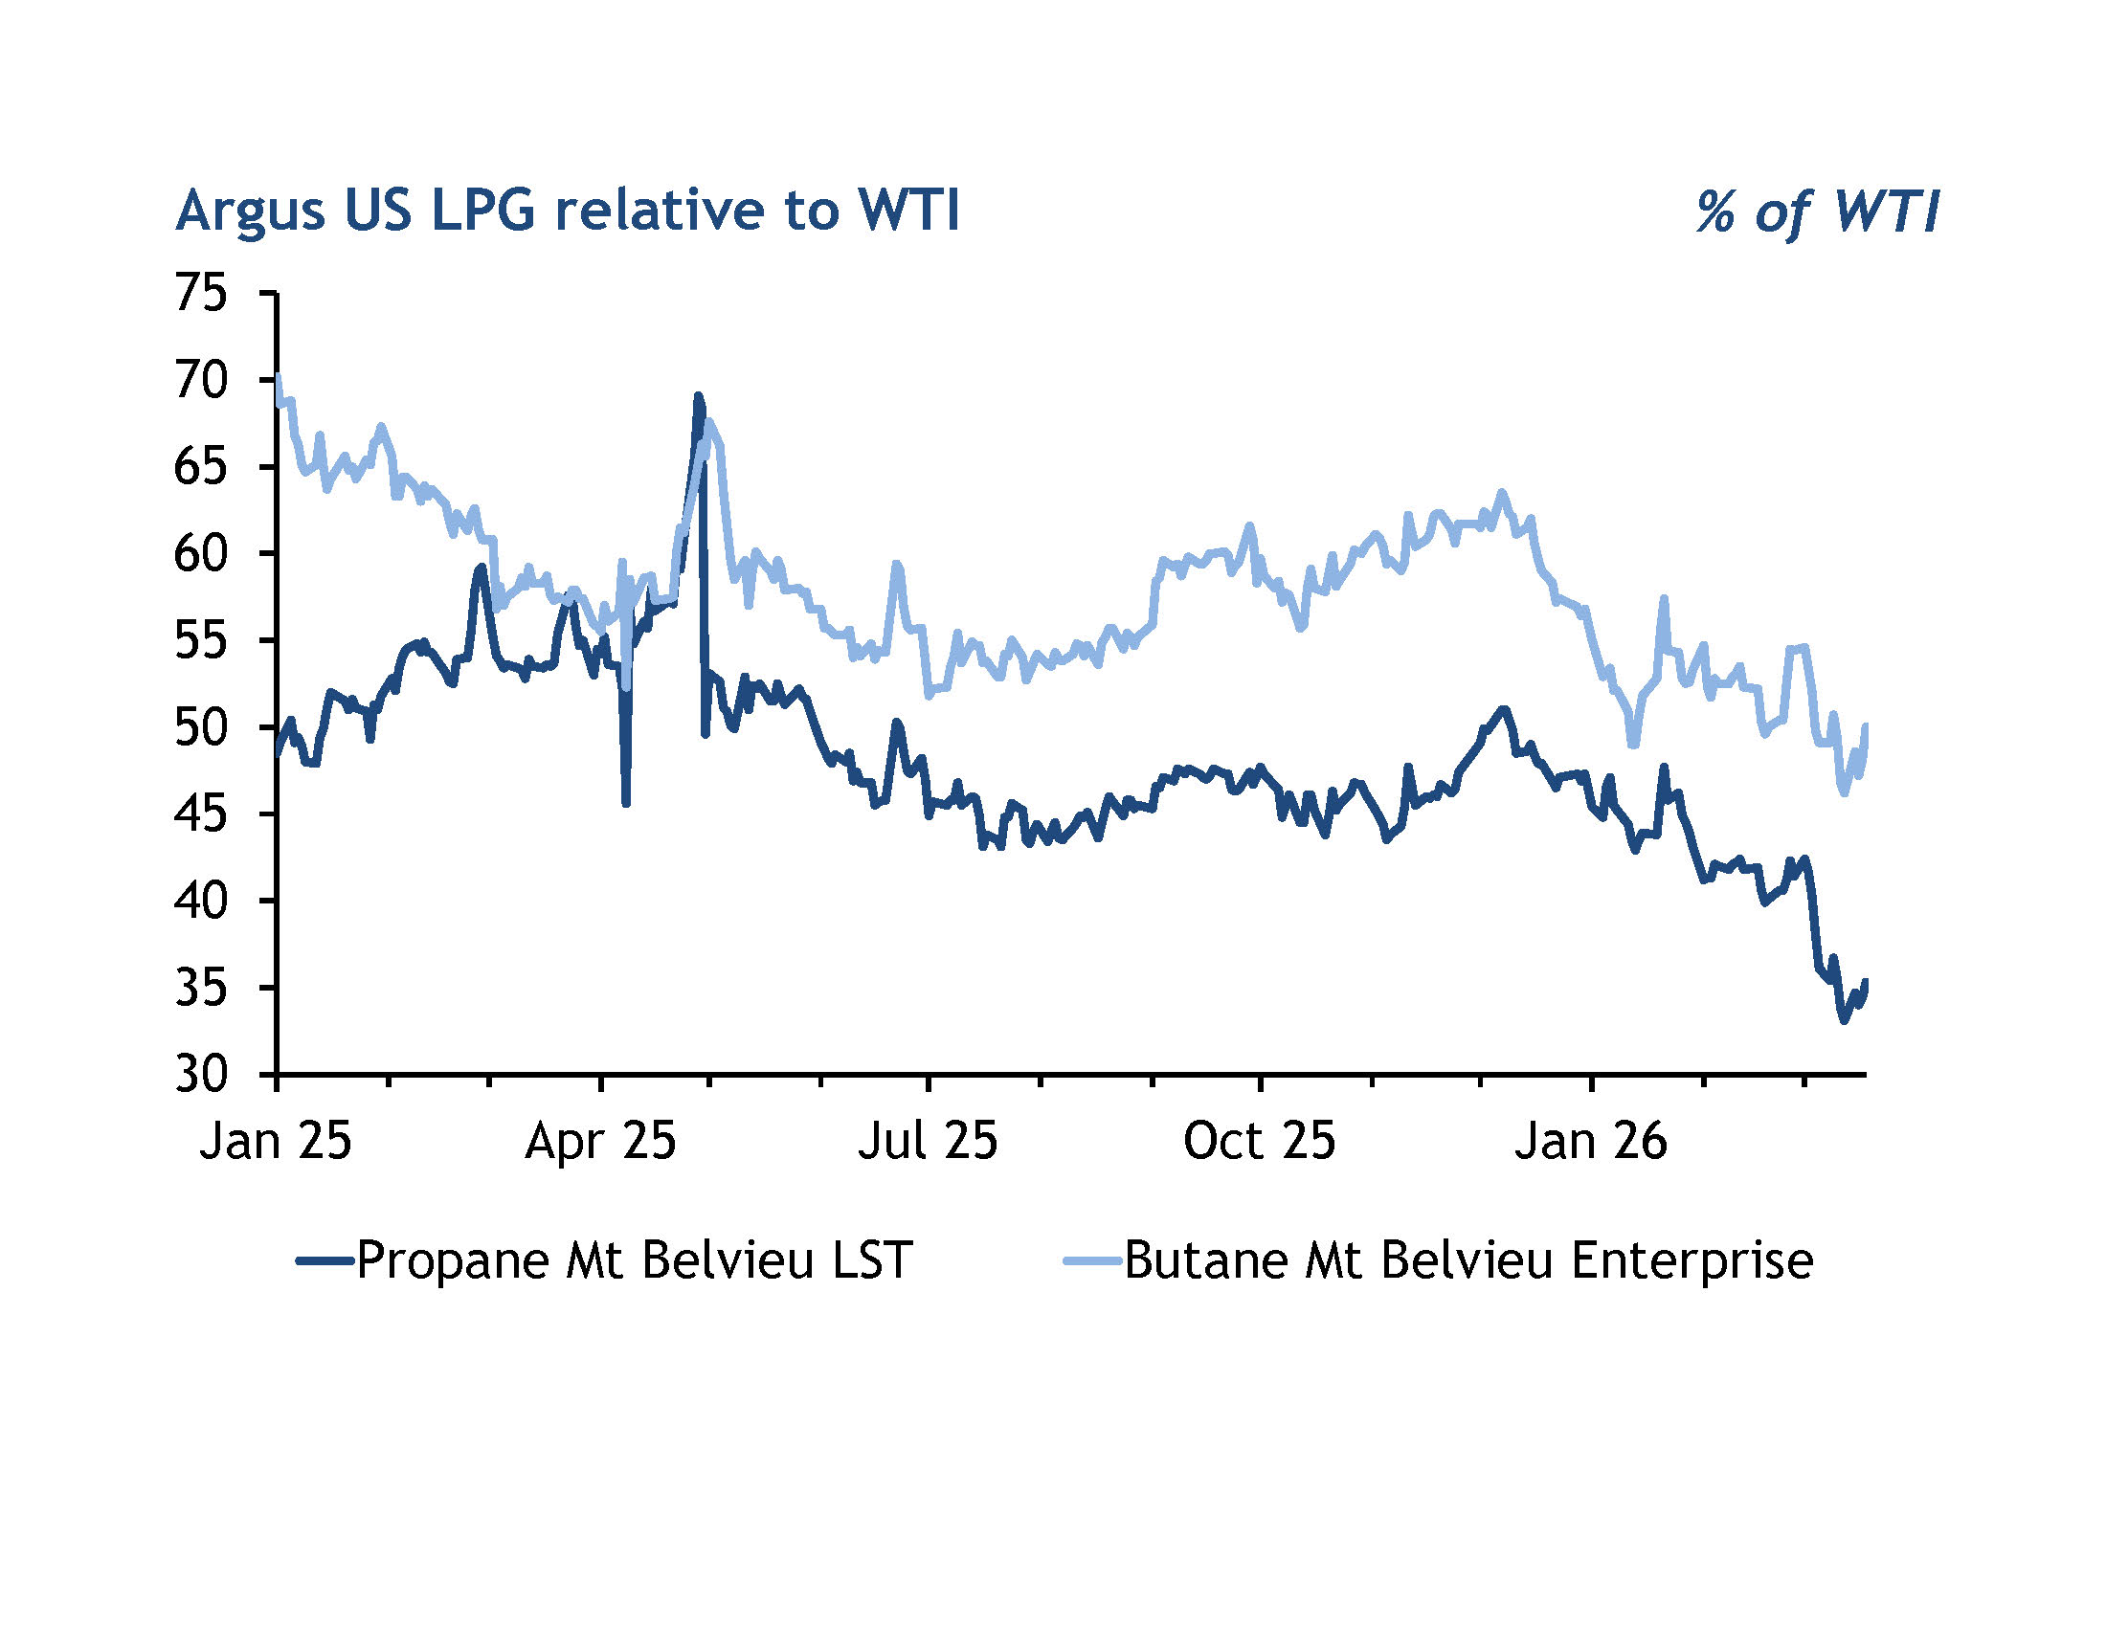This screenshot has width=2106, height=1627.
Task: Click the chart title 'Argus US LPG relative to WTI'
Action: click(567, 211)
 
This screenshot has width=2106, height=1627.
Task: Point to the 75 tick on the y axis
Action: click(201, 292)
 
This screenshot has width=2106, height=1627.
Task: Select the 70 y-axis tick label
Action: click(201, 380)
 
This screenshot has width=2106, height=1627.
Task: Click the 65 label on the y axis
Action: click(201, 466)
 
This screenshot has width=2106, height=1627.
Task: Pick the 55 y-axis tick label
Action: click(201, 640)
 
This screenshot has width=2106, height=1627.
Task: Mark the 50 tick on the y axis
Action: click(201, 726)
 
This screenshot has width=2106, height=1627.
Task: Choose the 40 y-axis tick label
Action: click(201, 901)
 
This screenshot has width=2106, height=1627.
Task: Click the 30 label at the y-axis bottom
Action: click(201, 1074)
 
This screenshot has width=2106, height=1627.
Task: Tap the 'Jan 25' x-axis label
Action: click(276, 1141)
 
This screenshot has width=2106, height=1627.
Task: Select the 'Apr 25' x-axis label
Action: click(600, 1141)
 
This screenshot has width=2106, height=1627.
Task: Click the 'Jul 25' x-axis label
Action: click(927, 1141)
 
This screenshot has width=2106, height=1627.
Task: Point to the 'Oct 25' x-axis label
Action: click(1259, 1141)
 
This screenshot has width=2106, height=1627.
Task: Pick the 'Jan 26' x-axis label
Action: click(1590, 1141)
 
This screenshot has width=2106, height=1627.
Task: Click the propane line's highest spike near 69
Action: click(698, 396)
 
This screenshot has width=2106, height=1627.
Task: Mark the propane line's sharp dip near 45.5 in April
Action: click(626, 802)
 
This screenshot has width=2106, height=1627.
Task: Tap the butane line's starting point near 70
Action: click(278, 377)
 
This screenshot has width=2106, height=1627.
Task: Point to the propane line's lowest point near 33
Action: click(1844, 1020)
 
